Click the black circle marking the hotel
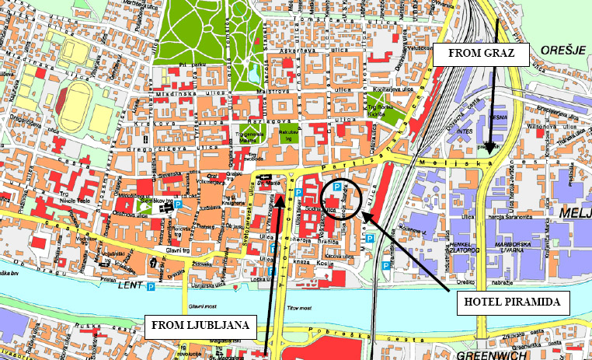point(342,198)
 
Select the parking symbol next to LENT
point(151,287)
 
